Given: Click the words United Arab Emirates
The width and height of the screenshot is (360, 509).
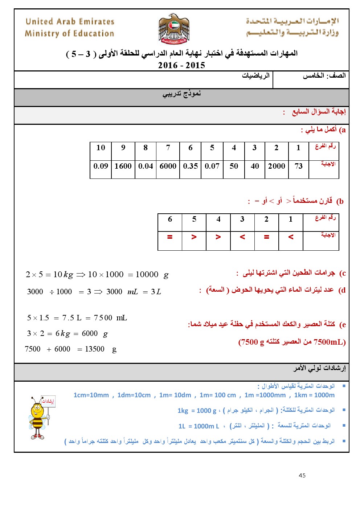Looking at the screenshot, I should point(70,21).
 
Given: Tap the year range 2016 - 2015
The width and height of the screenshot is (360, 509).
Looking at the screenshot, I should point(181,65).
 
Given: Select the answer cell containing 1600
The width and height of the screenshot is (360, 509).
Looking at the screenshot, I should point(123,166).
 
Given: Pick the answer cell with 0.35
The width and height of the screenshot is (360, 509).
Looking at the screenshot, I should point(190,166).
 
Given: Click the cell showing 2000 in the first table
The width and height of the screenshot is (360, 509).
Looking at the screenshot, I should point(277,166).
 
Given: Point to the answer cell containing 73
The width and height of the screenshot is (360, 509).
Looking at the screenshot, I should point(299,166).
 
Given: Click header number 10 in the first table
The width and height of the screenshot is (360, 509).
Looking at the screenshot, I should point(101,148).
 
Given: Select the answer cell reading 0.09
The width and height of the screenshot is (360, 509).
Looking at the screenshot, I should point(101,166).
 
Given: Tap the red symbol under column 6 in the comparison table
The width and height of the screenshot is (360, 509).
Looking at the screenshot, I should point(169,237).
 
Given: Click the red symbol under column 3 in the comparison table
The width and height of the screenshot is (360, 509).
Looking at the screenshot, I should point(242,237).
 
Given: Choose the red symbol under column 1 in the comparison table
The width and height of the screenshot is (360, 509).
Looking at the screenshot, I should point(291,237).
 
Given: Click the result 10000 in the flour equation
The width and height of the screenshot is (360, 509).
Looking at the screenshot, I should point(147,275).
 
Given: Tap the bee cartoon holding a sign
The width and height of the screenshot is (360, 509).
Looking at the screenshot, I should point(40,417).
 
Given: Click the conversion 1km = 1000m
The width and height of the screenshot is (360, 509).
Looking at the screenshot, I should point(314,395).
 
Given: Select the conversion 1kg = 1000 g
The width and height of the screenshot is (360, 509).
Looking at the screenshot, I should point(197,411).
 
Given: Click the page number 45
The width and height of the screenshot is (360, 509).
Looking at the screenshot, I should point(302,475).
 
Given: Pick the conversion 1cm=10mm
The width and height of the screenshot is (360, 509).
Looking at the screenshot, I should point(91,395).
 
